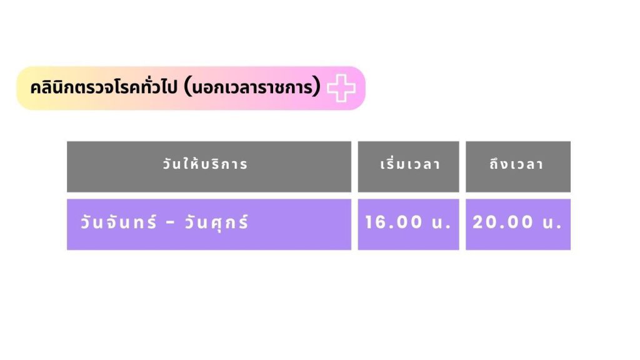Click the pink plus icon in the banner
[x=341, y=87]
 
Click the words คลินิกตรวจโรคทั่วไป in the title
[x=104, y=87]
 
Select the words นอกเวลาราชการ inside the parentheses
[x=252, y=87]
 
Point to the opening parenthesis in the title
[x=187, y=87]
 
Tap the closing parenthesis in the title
[x=317, y=87]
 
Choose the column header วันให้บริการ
[x=205, y=164]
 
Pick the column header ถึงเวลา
[x=517, y=164]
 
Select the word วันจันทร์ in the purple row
[x=118, y=222]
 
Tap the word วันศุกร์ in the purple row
[x=217, y=222]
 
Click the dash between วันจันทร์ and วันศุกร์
[x=171, y=223]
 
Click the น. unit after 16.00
[x=441, y=223]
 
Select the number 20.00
[x=503, y=222]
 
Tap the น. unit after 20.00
[x=552, y=223]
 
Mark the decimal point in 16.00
[x=387, y=227]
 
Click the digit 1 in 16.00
[x=369, y=222]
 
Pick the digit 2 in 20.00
[x=478, y=222]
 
